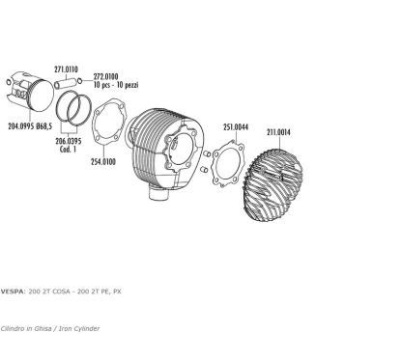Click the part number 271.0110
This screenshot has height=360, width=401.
point(66,69)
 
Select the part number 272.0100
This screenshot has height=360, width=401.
point(105,76)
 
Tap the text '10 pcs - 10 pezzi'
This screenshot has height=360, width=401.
point(116,85)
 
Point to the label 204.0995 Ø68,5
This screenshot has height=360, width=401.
point(30,125)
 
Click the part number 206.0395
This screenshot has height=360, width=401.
point(69,141)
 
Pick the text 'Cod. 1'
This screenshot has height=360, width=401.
point(68,150)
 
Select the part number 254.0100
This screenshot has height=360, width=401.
point(103,161)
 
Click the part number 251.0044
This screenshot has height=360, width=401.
point(236,127)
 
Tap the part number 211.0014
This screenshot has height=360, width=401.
point(278,132)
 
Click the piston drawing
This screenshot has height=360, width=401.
point(30,92)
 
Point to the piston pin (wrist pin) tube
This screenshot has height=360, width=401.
point(66,83)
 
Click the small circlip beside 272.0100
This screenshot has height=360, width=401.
point(80,80)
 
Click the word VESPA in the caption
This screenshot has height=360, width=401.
point(13,291)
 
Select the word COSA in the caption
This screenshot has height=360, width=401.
point(62,291)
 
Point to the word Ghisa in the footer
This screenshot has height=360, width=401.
point(43,328)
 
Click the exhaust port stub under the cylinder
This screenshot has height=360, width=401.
point(158,194)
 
